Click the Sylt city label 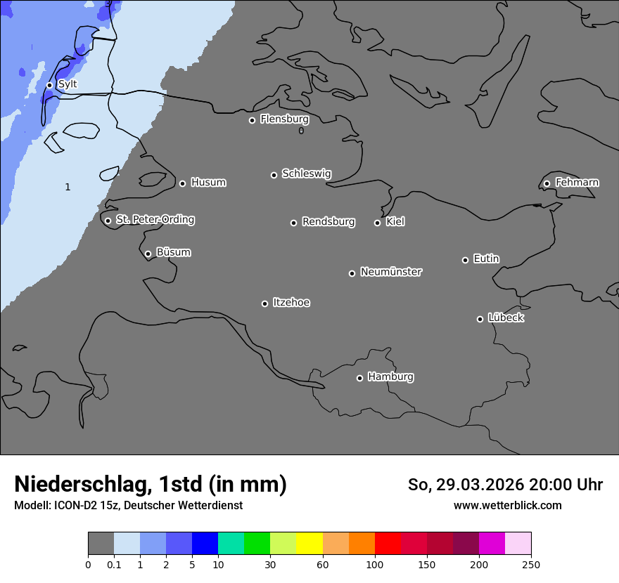(68, 84)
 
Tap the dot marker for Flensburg (252, 120)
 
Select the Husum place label (208, 183)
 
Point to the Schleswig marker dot (274, 175)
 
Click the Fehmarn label (577, 183)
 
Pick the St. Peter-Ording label (155, 220)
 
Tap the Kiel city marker (377, 223)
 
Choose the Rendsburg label (328, 222)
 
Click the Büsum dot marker (148, 254)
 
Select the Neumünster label (391, 272)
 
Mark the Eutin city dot (465, 260)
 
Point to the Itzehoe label (291, 303)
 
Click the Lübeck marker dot (480, 319)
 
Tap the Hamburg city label (390, 377)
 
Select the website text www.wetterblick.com (507, 506)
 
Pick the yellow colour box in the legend (309, 544)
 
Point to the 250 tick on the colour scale (531, 564)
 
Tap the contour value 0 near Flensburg (301, 131)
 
